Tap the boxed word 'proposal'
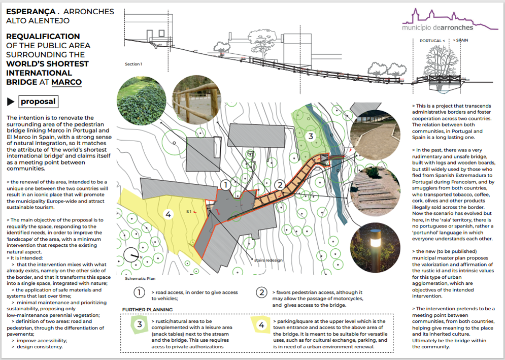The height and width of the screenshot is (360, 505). click(x=38, y=102)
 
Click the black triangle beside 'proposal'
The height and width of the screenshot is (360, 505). click(x=11, y=102)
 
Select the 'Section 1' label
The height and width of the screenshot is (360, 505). click(x=133, y=64)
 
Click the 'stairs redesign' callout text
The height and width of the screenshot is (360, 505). click(x=268, y=260)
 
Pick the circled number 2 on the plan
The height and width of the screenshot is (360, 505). click(x=278, y=185)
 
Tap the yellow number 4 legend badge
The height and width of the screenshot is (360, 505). click(x=261, y=325)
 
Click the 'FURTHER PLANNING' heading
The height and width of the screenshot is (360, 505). click(x=147, y=309)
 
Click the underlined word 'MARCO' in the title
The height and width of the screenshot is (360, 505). click(x=66, y=82)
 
